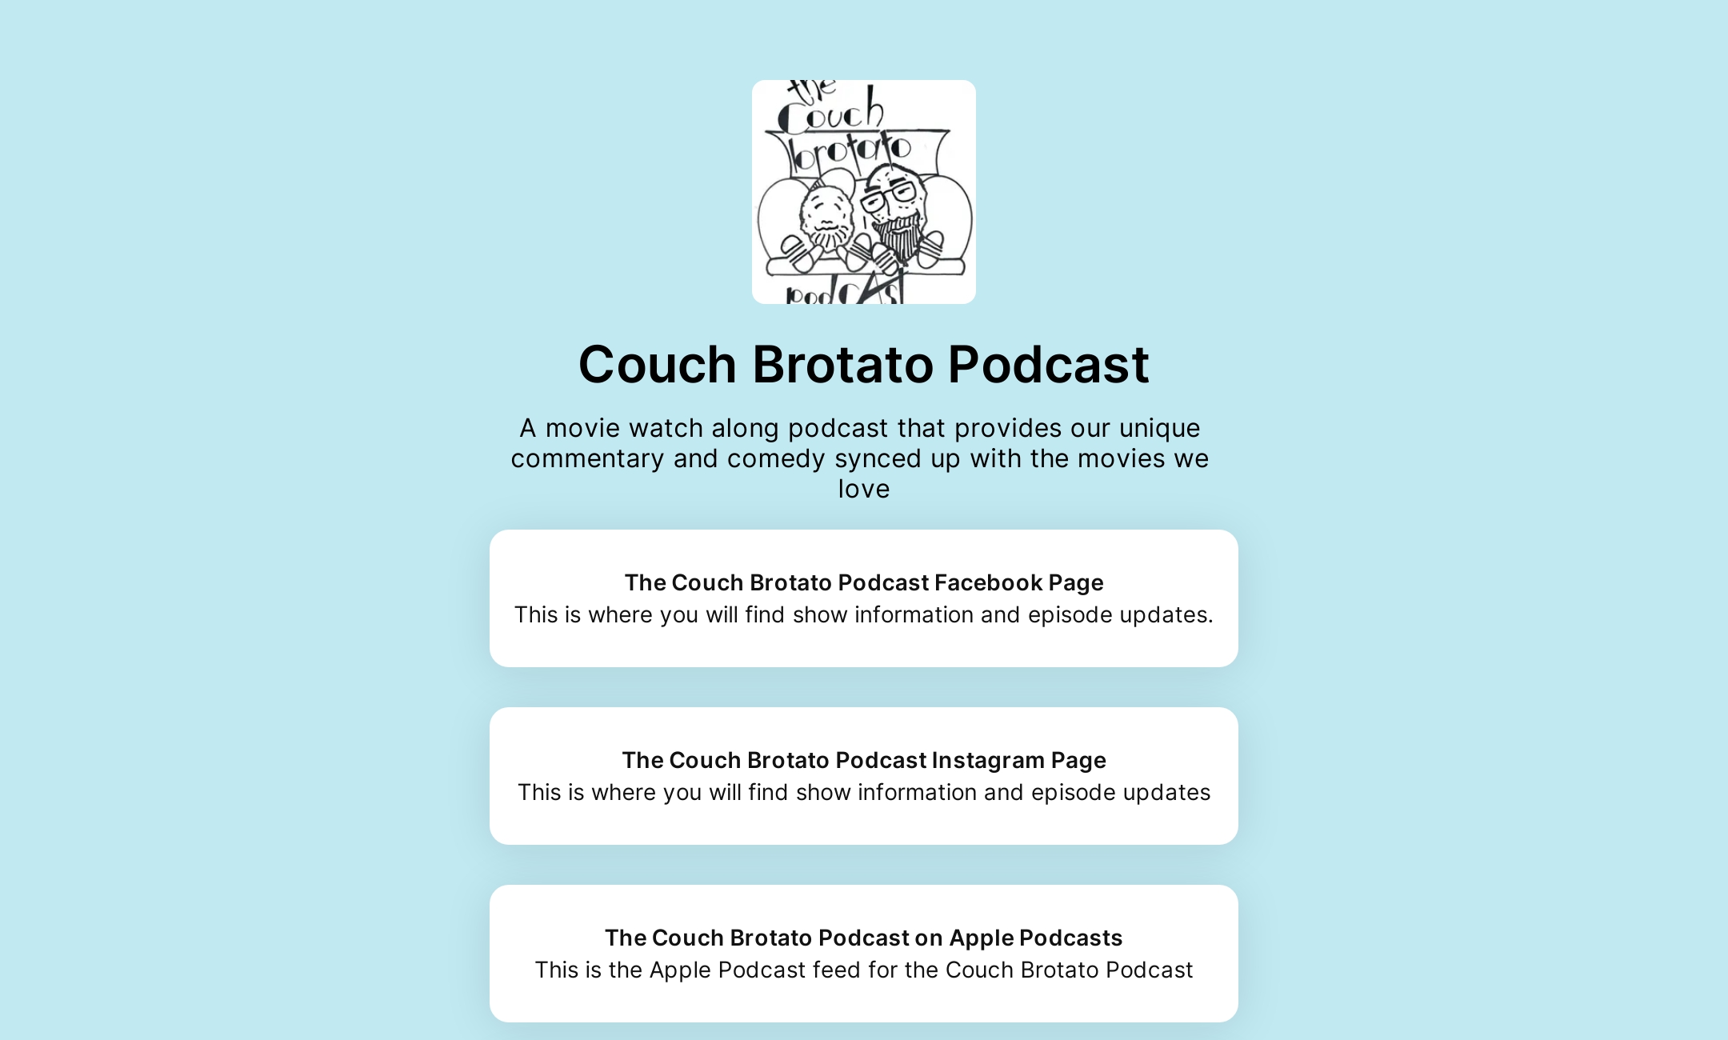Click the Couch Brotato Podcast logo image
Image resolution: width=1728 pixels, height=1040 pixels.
pyautogui.click(x=863, y=192)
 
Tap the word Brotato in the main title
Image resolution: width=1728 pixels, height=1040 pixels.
pyautogui.click(x=842, y=365)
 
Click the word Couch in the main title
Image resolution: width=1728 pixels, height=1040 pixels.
pyautogui.click(x=657, y=365)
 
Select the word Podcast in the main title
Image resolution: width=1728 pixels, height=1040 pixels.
pyautogui.click(x=1048, y=365)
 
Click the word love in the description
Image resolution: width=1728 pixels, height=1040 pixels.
pyautogui.click(x=863, y=489)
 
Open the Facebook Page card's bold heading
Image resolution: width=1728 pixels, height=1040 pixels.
pyautogui.click(x=863, y=582)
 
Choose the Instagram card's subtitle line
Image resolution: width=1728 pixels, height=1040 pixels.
pyautogui.click(x=863, y=792)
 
